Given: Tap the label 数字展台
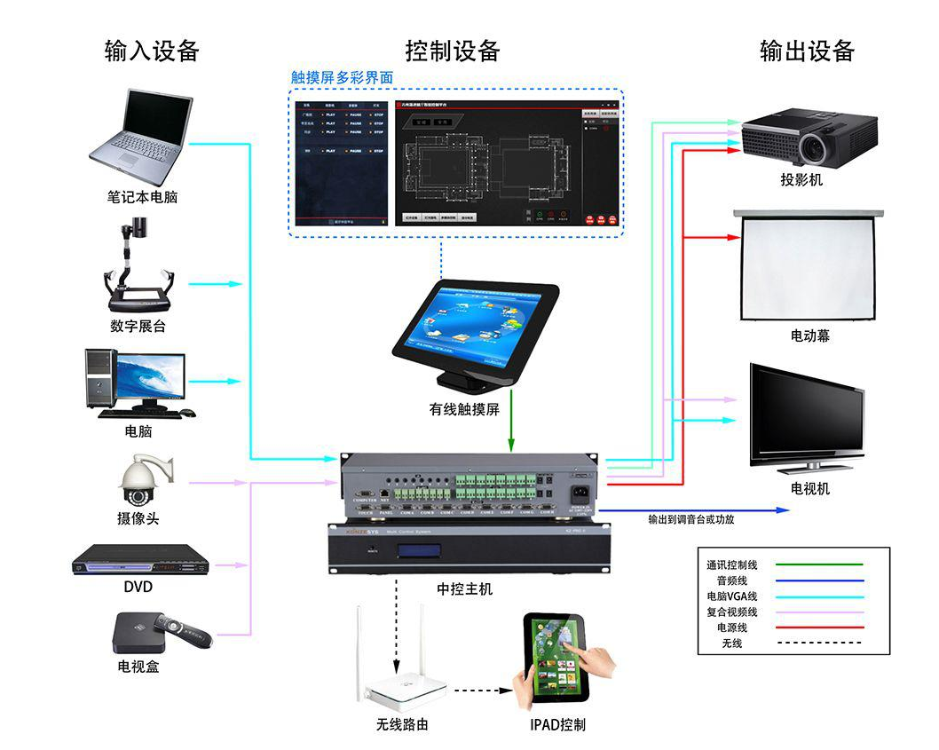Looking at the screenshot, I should [138, 326].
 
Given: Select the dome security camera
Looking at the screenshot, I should [142, 483].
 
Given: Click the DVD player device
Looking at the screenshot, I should [140, 561].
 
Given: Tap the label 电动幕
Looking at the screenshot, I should [809, 336].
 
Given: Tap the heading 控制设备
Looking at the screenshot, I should [453, 51].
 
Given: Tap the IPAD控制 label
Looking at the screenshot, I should [557, 724].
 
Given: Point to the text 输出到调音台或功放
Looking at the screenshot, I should [690, 519].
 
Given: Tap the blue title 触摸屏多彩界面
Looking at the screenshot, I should [342, 78].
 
